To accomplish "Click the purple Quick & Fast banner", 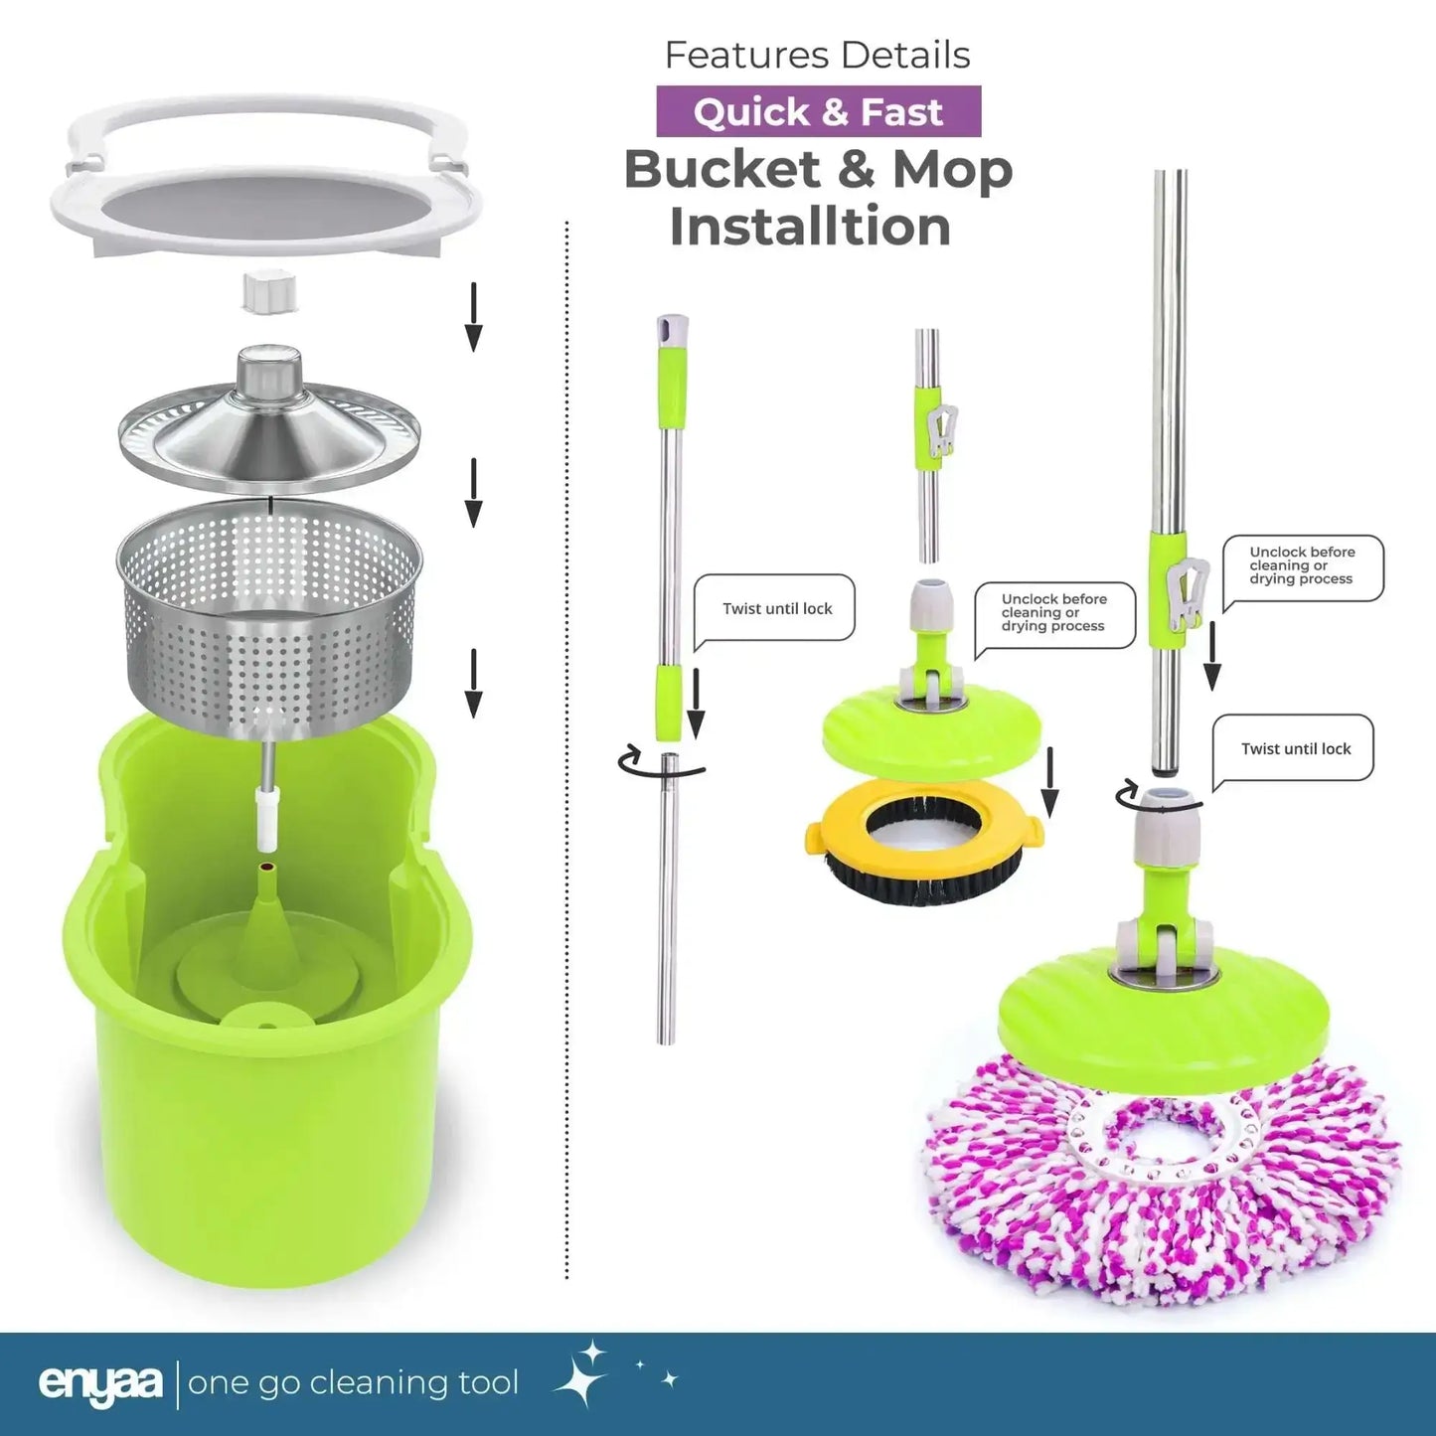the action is [818, 111].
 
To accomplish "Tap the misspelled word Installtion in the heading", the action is [810, 227].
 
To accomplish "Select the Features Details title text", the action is [818, 55].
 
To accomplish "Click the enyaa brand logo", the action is [99, 1384].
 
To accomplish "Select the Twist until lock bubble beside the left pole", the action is [775, 609].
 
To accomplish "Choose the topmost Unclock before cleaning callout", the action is [1303, 566].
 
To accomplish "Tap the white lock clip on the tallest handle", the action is [1186, 591].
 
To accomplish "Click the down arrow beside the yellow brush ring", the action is [1049, 782].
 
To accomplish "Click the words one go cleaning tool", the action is [353, 1384].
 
